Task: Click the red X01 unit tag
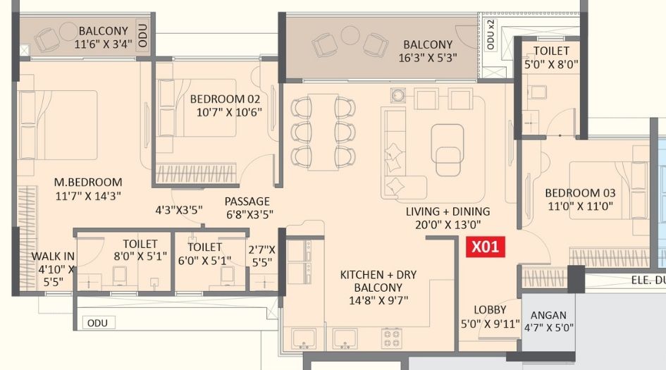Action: tap(485, 247)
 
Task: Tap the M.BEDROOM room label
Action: tap(88, 183)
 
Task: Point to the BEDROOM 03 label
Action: tap(580, 192)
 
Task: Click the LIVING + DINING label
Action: tap(448, 211)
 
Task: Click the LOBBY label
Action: tap(490, 309)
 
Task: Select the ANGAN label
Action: tap(548, 315)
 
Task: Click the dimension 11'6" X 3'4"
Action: tap(103, 44)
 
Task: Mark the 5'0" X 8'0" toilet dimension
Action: tap(551, 64)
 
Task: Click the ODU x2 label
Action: tap(491, 35)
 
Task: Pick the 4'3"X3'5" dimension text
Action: tap(179, 210)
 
